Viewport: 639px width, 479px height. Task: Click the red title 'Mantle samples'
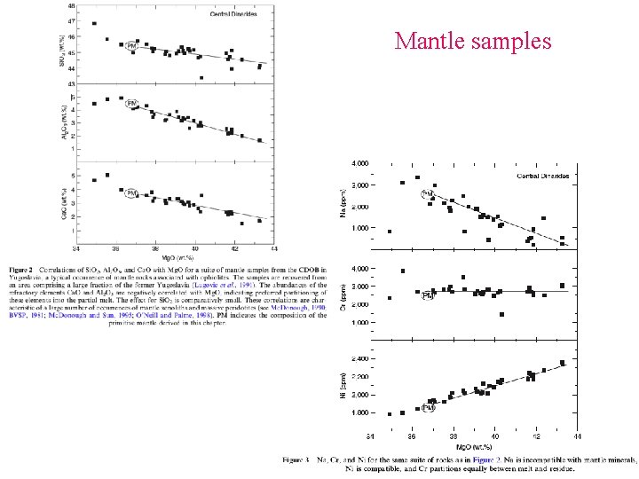click(x=473, y=41)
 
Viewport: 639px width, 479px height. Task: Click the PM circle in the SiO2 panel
click(x=131, y=45)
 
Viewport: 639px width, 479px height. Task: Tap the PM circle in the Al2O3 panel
click(x=132, y=104)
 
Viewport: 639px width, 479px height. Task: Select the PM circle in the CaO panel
click(x=130, y=192)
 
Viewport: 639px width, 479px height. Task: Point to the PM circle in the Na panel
click(x=427, y=194)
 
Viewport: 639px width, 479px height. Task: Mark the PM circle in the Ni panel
click(x=429, y=408)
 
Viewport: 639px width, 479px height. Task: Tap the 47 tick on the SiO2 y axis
click(x=71, y=20)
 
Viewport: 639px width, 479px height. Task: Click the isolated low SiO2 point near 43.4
click(x=201, y=78)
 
